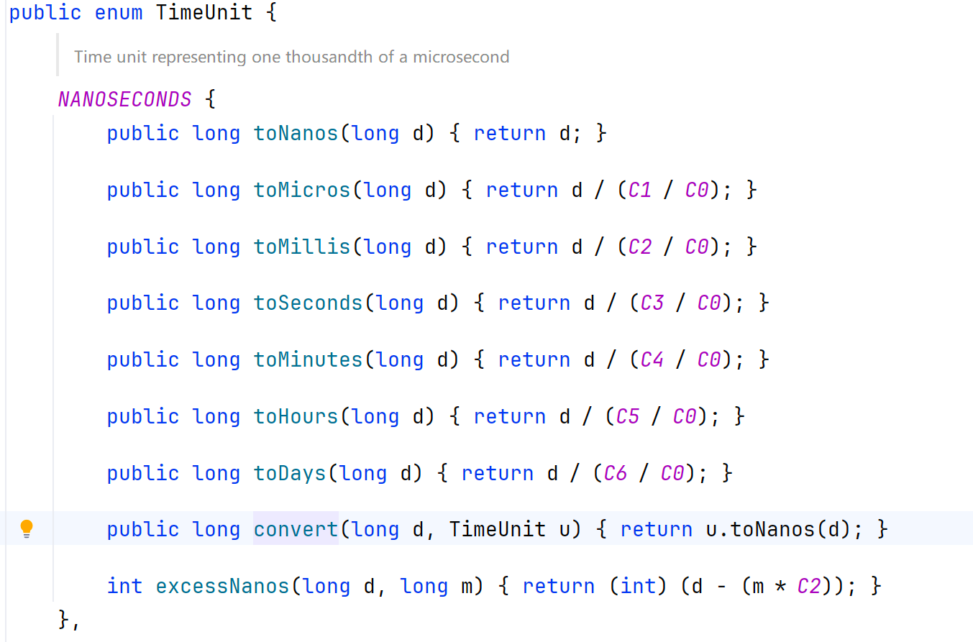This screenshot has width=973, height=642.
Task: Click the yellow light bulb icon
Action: tap(27, 529)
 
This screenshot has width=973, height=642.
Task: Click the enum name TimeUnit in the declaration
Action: tap(204, 13)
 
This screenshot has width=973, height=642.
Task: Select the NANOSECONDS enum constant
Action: tap(124, 98)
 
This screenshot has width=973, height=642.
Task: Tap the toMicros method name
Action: tap(301, 190)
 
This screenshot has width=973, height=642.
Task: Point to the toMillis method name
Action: tap(301, 247)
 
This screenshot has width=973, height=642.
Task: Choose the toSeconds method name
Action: tap(308, 303)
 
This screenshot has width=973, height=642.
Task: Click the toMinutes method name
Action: tap(308, 359)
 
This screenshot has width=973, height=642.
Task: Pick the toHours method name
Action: tap(296, 416)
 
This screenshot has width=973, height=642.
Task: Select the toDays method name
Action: tap(290, 473)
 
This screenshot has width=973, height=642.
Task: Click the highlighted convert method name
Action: tap(296, 530)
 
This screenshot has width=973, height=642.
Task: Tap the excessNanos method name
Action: tap(222, 586)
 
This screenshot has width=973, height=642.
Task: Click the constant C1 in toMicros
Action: tap(639, 190)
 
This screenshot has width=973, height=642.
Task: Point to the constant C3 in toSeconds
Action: tap(652, 303)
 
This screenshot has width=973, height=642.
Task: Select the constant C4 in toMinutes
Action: tap(652, 359)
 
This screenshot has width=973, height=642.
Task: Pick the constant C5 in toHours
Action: tap(627, 416)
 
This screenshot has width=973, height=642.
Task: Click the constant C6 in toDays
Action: tap(615, 473)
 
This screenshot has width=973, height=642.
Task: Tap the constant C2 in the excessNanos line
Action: tap(809, 586)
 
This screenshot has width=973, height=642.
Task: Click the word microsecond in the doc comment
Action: tap(461, 57)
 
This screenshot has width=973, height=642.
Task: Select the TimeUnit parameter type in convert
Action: tap(497, 530)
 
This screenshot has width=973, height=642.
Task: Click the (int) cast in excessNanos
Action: tap(639, 586)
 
